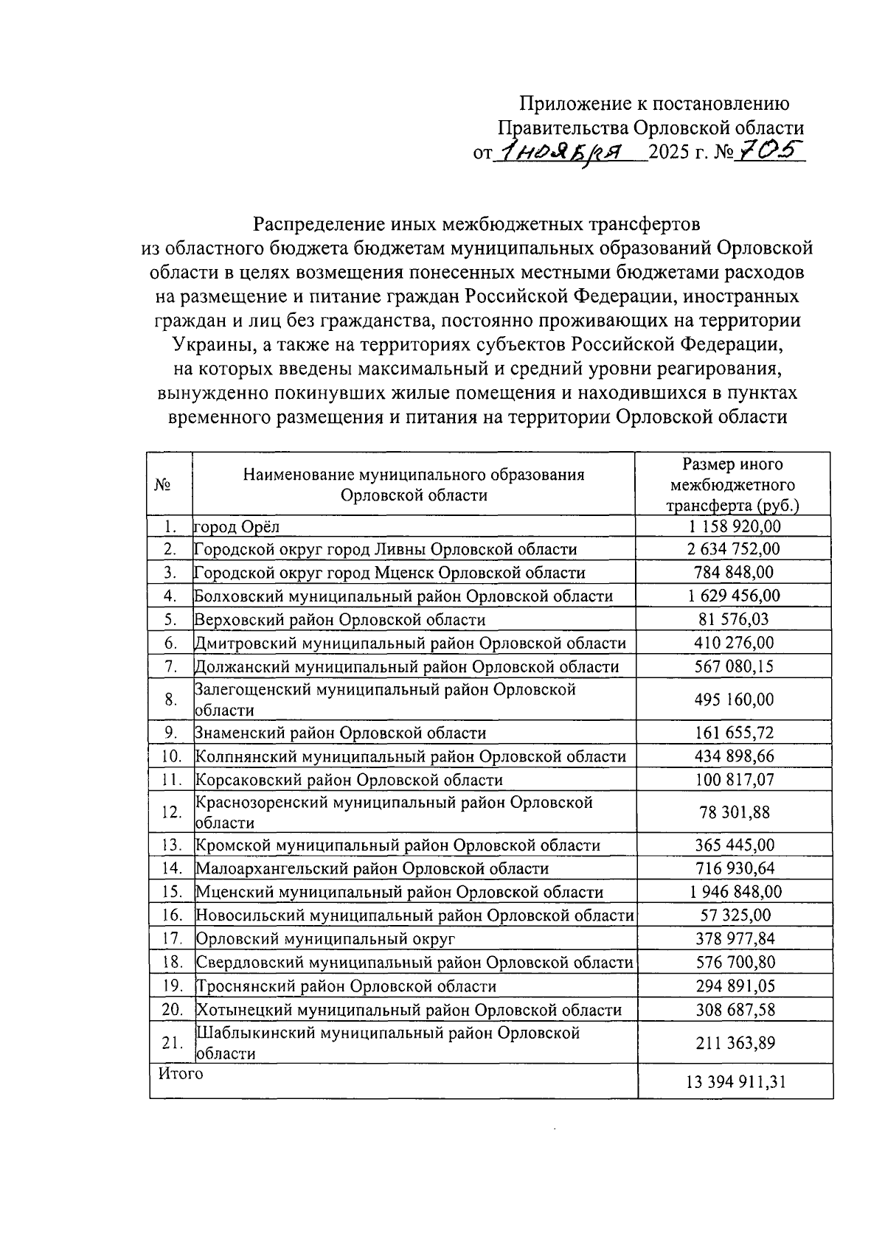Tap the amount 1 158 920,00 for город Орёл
click(x=735, y=526)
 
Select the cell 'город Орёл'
click(x=237, y=527)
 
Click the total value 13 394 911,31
click(x=735, y=1081)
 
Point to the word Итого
click(x=181, y=1073)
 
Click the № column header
click(x=163, y=484)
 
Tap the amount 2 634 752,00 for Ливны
click(x=735, y=549)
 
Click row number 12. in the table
click(x=171, y=812)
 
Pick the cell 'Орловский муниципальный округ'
click(x=325, y=938)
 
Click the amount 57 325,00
click(x=735, y=915)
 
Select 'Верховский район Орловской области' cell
click(x=340, y=620)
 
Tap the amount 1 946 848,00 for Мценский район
click(x=735, y=892)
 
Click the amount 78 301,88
click(x=735, y=812)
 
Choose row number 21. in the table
click(x=171, y=1043)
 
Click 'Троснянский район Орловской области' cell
click(x=346, y=986)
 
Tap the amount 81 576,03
click(x=735, y=619)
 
